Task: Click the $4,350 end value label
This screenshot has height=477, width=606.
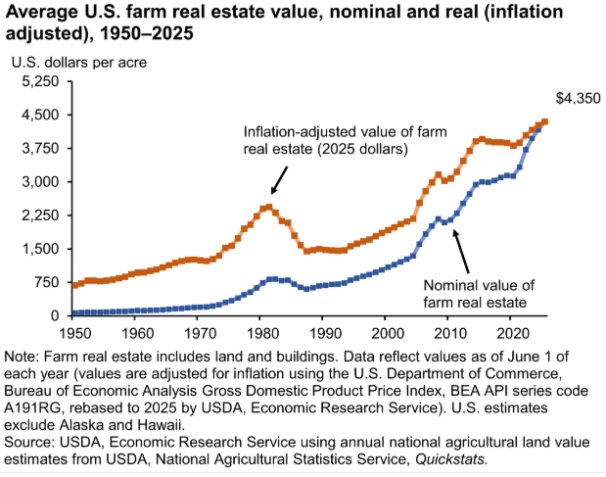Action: (x=577, y=99)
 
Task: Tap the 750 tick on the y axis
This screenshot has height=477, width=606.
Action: (x=49, y=282)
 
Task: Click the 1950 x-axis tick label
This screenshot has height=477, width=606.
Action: (x=72, y=332)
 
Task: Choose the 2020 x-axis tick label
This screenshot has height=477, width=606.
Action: (x=509, y=332)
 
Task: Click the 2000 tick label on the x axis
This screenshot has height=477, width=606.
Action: (x=385, y=332)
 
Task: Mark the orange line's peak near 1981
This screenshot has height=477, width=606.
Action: (x=267, y=207)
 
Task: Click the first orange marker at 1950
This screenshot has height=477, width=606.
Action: (x=73, y=285)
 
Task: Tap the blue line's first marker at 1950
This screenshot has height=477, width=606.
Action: (x=73, y=313)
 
